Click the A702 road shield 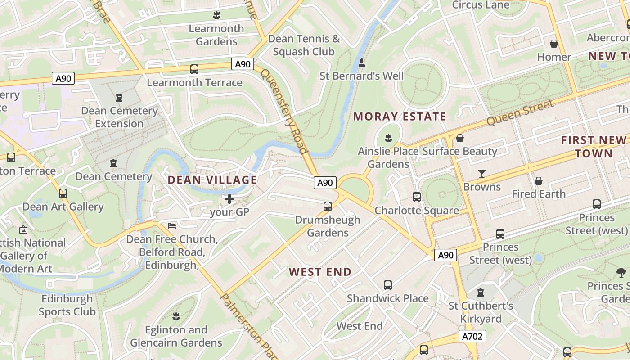point(472,336)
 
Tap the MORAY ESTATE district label point(400,117)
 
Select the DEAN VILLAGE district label point(212,180)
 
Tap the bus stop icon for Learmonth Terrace point(194,69)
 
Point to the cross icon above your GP point(229,198)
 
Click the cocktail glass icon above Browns point(482,174)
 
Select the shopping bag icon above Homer point(554,44)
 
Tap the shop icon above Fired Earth point(539,181)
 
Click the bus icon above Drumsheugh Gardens point(328,207)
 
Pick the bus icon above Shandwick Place point(388,285)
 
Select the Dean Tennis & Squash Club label point(304,45)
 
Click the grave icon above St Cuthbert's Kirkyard point(481,293)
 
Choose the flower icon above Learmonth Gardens point(216,15)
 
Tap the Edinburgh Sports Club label point(67,305)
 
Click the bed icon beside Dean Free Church point(172,225)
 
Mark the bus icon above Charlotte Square point(417,197)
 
